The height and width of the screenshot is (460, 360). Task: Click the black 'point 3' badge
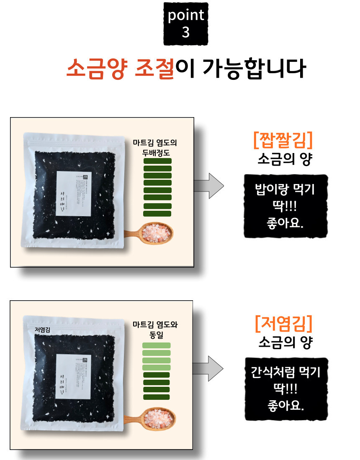point(186,24)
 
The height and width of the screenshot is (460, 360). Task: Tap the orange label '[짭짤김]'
point(283,141)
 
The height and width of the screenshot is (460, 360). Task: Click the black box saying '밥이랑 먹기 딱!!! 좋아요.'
point(285,207)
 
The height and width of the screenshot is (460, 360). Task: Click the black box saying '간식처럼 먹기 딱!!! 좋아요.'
point(285,388)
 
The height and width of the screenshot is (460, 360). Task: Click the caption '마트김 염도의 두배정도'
point(155,147)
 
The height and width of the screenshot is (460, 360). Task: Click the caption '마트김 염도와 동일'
point(155,330)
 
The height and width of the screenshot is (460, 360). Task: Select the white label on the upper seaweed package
point(74,193)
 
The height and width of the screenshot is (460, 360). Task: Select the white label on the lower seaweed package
point(74,376)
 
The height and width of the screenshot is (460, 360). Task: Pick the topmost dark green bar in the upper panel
point(157,161)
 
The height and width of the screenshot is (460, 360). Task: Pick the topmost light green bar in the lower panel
point(157,345)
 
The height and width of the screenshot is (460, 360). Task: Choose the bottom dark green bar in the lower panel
point(157,397)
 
